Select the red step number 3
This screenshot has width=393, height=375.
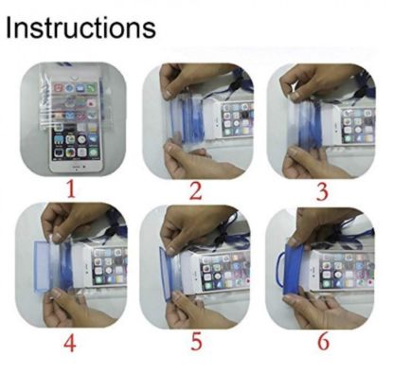(321, 192)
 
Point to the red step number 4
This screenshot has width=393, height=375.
(70, 344)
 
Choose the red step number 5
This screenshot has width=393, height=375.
(196, 343)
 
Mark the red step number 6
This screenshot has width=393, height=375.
(321, 343)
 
